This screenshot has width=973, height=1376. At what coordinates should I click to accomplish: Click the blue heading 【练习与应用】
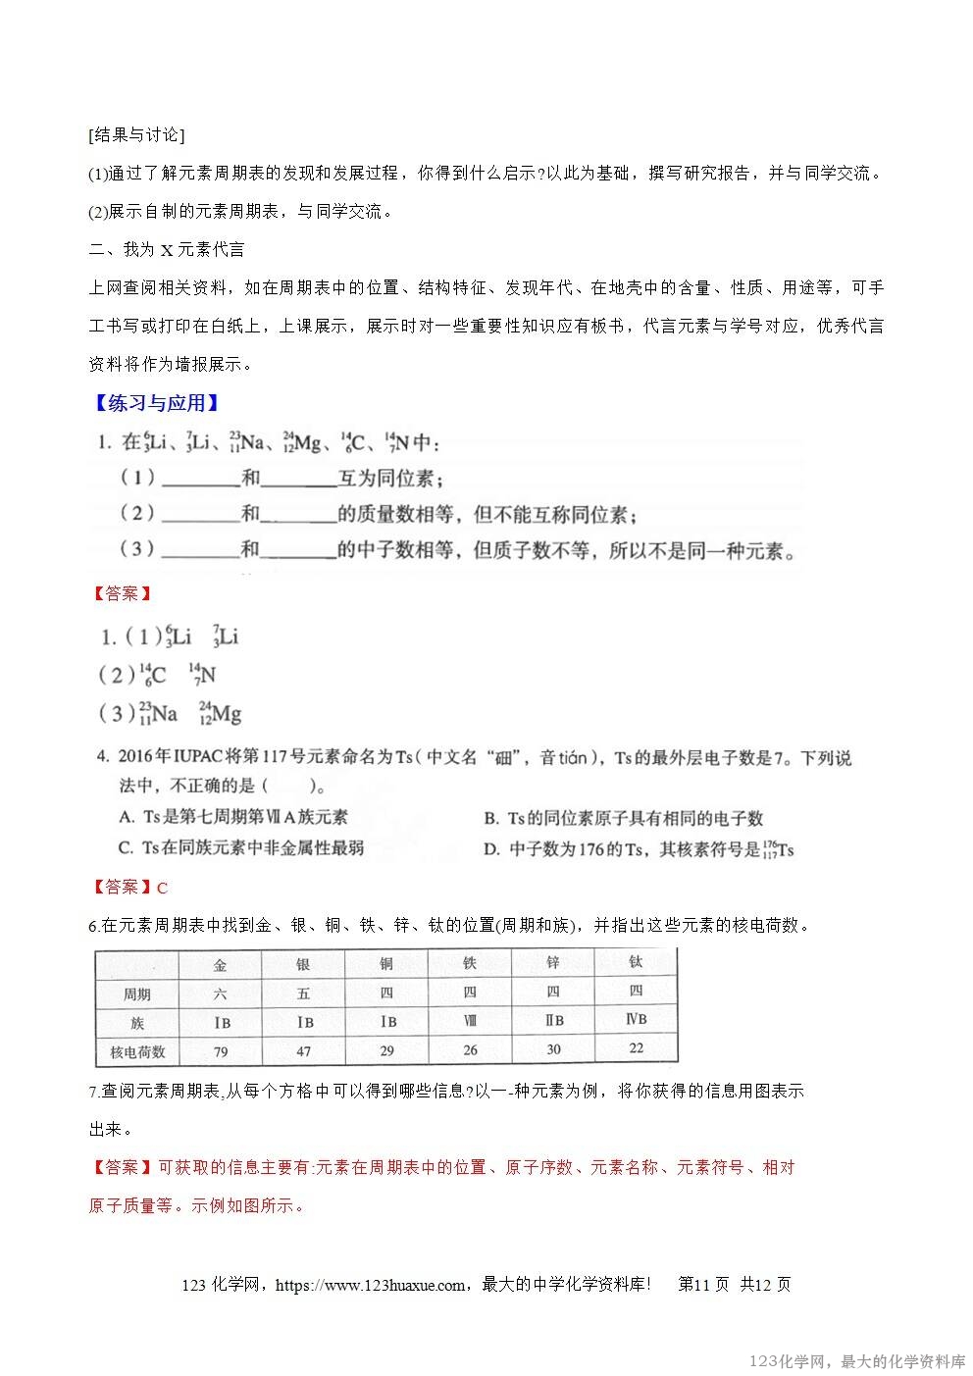[154, 403]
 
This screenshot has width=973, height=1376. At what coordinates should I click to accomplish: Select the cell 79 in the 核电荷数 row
[220, 1051]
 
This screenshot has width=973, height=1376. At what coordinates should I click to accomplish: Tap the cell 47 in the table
[303, 1051]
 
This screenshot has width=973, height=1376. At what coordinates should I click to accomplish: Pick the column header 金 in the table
[220, 965]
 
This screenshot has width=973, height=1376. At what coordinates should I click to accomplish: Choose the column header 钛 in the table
[636, 962]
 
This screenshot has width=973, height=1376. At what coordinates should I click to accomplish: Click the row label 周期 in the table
[136, 994]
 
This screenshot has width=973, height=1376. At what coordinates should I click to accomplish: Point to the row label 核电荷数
[136, 1051]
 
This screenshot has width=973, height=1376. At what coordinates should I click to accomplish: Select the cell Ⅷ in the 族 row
[470, 1021]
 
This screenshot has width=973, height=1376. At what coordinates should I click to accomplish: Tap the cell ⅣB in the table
[636, 1019]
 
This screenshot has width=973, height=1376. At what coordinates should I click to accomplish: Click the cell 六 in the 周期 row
[220, 994]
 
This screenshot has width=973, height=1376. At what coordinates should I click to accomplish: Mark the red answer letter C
[163, 889]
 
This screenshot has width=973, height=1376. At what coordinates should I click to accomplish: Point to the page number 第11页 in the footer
[703, 1285]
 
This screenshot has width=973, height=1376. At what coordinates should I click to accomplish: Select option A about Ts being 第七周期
[232, 817]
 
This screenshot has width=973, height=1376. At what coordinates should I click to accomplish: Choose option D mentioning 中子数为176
[638, 849]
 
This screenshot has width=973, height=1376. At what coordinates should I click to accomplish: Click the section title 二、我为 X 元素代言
[167, 249]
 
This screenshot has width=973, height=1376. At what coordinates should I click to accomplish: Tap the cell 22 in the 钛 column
[636, 1047]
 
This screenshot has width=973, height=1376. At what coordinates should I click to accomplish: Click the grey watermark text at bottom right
[856, 1361]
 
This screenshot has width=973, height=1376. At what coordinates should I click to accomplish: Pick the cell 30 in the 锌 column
[553, 1049]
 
